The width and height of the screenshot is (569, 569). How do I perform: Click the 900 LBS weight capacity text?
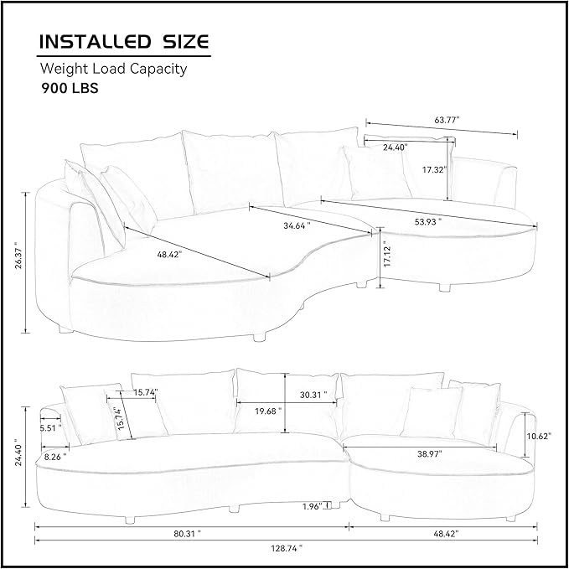[x=70, y=88]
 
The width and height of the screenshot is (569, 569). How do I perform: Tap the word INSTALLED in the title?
[x=95, y=41]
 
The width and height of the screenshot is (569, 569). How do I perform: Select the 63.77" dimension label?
[x=447, y=120]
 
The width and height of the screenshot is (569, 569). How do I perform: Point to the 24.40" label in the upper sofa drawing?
[x=396, y=147]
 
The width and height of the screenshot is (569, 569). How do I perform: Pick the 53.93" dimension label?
[x=428, y=221]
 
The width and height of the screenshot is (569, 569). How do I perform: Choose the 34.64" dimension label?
[x=297, y=225]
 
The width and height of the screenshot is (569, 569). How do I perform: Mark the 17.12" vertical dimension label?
[x=387, y=256]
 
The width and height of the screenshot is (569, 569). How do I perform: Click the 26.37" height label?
[x=18, y=257]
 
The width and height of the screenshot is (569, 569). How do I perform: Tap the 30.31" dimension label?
[x=313, y=395]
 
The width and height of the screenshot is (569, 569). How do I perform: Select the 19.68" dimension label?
[x=268, y=411]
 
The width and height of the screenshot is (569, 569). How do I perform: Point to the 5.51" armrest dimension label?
[x=50, y=428]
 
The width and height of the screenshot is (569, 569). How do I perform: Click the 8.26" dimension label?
[x=55, y=457]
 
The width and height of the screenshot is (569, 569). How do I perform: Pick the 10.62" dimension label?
[x=539, y=436]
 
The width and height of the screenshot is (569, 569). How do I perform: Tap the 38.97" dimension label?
[x=430, y=453]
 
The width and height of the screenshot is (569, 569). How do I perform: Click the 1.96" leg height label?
[x=313, y=506]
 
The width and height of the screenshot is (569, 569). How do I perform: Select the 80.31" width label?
[x=187, y=534]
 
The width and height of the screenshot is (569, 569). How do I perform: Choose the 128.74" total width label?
[x=287, y=548]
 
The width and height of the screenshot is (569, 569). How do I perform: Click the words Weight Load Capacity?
[x=114, y=69]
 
